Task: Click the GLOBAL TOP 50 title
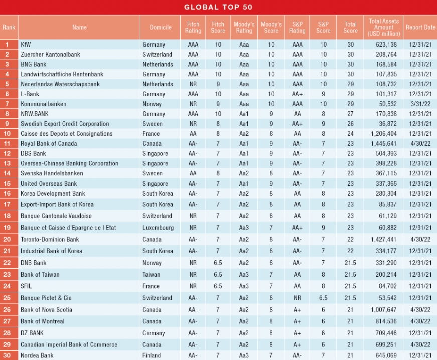[x=218, y=7]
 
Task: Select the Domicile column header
[x=160, y=27]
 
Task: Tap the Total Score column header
[x=350, y=27]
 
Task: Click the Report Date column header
[x=420, y=27]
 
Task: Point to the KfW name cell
[x=26, y=44]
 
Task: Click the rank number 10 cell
[x=7, y=134]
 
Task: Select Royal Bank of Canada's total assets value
[x=384, y=144]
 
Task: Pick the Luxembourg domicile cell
[x=158, y=228]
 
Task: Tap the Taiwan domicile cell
[x=152, y=275]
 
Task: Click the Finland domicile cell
[x=152, y=355]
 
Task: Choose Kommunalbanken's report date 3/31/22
[x=420, y=104]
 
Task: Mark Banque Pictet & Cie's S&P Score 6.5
[x=323, y=298]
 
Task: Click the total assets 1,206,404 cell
[x=384, y=134]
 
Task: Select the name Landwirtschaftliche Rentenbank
[x=62, y=74]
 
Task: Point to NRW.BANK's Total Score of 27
[x=350, y=114]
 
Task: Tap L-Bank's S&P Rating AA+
[x=297, y=94]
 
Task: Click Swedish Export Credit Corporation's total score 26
[x=350, y=124]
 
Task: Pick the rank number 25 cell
[x=7, y=298]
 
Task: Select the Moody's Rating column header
[x=244, y=27]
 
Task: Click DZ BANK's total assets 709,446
[x=386, y=333]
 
